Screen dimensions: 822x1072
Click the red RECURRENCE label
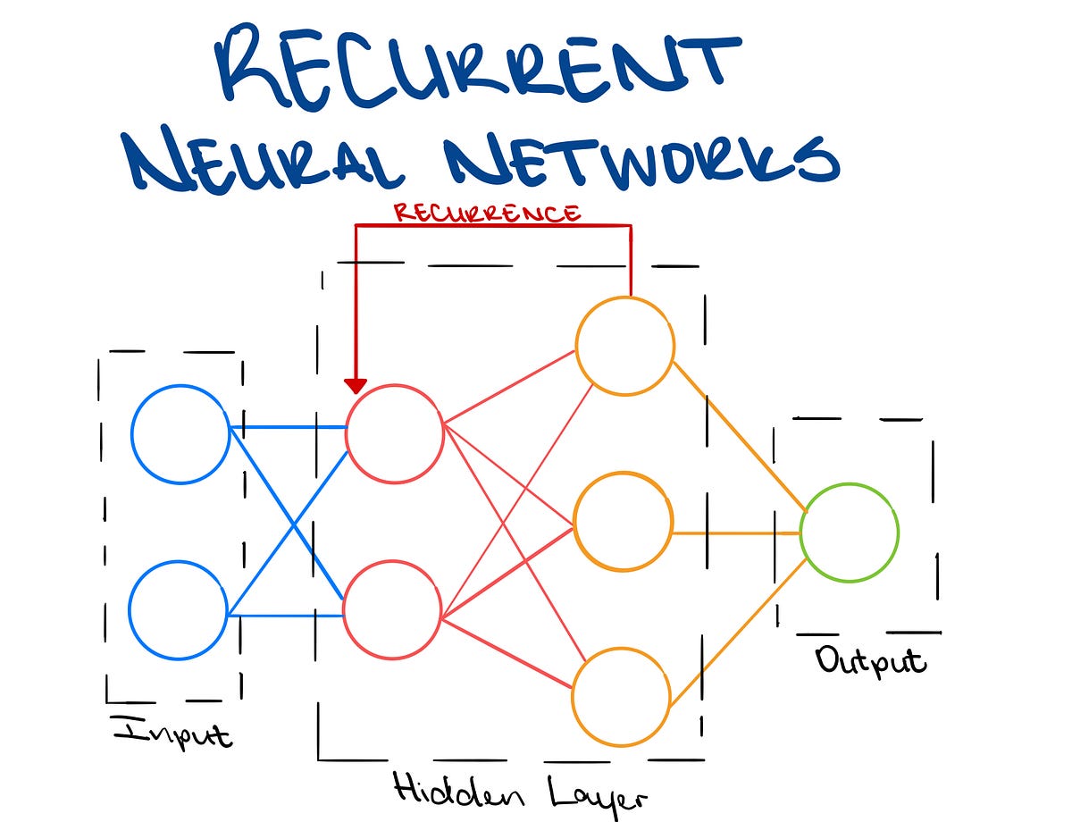(x=488, y=214)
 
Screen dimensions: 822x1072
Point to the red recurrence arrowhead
(x=356, y=385)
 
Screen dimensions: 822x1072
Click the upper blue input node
(x=180, y=433)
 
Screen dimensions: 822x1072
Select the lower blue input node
(x=179, y=610)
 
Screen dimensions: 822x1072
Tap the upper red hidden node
(x=395, y=432)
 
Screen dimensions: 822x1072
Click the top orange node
(x=625, y=346)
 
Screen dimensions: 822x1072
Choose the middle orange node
(x=624, y=521)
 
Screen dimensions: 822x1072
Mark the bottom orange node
(x=622, y=697)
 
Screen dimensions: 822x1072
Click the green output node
(x=849, y=533)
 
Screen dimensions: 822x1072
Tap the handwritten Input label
(x=172, y=732)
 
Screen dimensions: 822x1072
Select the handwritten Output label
(x=870, y=661)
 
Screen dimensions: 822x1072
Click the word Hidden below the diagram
(x=444, y=790)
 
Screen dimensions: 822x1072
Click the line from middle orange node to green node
(x=737, y=533)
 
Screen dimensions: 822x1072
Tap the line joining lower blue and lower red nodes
(x=286, y=616)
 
